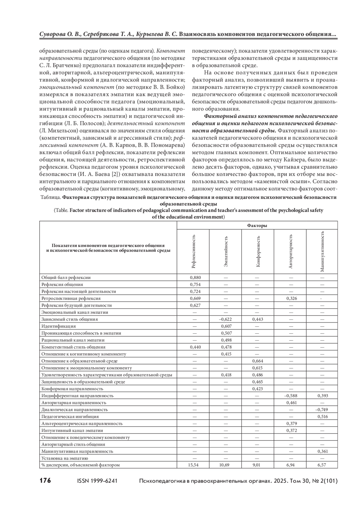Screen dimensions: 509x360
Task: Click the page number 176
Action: pyautogui.click(x=45, y=481)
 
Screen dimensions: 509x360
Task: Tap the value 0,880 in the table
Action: pyautogui.click(x=195, y=277)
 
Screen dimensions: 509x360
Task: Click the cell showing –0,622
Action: pyautogui.click(x=226, y=319)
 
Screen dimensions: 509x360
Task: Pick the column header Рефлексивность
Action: pyautogui.click(x=194, y=251)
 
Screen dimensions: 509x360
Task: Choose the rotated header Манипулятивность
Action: pyautogui.click(x=322, y=251)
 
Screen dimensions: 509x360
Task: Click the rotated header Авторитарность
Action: pyautogui.click(x=290, y=251)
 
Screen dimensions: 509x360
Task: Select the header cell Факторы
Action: pyautogui.click(x=257, y=226)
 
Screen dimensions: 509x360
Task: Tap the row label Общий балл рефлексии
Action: pyautogui.click(x=66, y=277)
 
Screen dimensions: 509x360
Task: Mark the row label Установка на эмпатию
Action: pyautogui.click(x=64, y=458)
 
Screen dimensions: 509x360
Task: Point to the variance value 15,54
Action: pyautogui.click(x=194, y=465)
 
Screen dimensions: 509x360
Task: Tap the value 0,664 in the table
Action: pyautogui.click(x=258, y=361)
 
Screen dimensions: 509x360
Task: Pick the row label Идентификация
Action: pyautogui.click(x=58, y=326)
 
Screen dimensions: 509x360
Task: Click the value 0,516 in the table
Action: pyautogui.click(x=322, y=416)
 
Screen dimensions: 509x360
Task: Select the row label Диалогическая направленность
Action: pyautogui.click(x=74, y=409)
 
